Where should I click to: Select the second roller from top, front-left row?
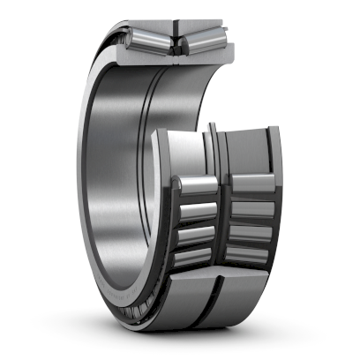coord(198,212)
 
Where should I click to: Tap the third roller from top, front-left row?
coord(198,235)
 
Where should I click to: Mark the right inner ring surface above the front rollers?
coord(247,150)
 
